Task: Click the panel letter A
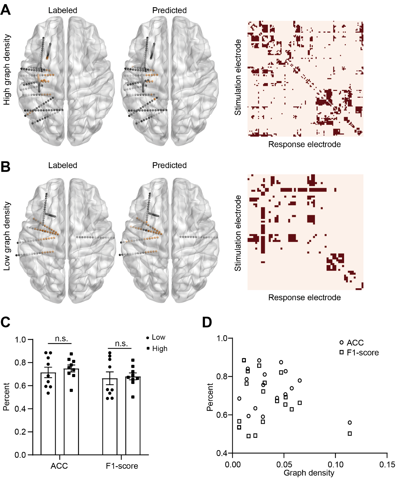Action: [5, 10]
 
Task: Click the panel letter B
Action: [5, 167]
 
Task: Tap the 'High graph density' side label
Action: [7, 70]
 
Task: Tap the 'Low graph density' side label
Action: [7, 236]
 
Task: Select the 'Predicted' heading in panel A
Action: [169, 10]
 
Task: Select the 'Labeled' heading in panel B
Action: [62, 165]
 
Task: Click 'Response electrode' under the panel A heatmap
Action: [304, 144]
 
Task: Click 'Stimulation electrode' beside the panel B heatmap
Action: [238, 233]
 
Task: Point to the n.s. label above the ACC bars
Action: [61, 339]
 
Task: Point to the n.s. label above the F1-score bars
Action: [121, 343]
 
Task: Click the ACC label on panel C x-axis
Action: [59, 466]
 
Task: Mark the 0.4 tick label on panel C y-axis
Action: [20, 409]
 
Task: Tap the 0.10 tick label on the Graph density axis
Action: [336, 465]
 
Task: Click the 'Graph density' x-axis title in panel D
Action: [309, 473]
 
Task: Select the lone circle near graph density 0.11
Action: [350, 422]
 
